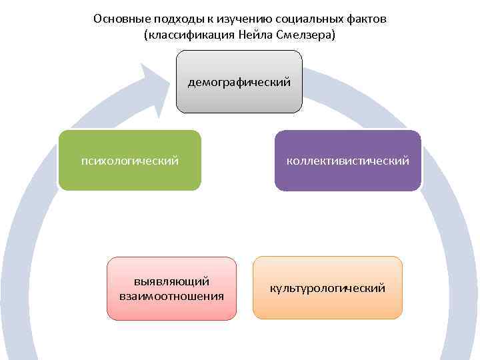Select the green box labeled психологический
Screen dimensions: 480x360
click(x=129, y=175)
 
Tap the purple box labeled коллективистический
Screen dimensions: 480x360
click(x=348, y=175)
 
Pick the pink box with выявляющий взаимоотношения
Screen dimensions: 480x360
click(x=172, y=301)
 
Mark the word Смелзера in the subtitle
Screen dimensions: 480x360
click(x=307, y=34)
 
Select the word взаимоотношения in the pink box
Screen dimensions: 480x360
click(x=172, y=295)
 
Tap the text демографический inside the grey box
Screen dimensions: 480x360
click(x=239, y=83)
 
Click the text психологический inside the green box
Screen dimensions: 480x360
click(x=129, y=161)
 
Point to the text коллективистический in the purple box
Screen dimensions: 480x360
click(x=348, y=161)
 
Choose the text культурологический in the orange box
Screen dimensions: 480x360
click(x=327, y=288)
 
